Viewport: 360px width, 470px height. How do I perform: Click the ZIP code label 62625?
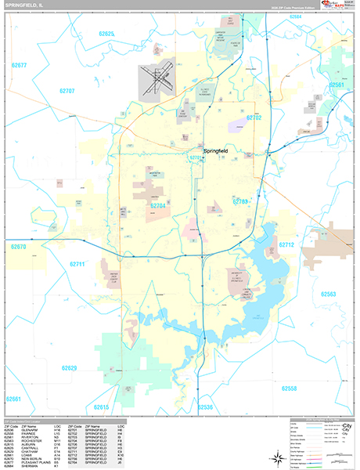[107, 34]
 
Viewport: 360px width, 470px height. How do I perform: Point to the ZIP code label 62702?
[255, 117]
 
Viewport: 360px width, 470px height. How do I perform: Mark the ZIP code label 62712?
[286, 245]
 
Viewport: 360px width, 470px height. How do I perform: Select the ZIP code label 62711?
[77, 264]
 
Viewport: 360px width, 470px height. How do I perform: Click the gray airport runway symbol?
[155, 79]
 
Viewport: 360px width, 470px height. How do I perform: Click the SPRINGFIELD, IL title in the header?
[23, 5]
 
